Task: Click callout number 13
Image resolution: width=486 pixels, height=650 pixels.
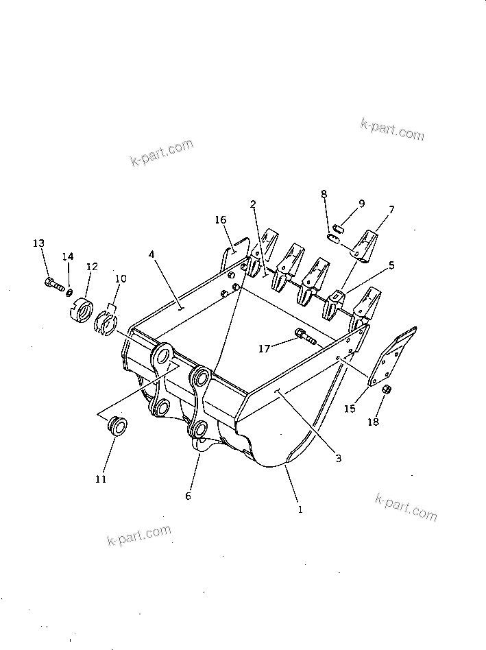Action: tap(39, 243)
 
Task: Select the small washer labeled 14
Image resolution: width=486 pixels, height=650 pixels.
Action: tap(70, 293)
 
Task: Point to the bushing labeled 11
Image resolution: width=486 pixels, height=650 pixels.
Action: tap(117, 426)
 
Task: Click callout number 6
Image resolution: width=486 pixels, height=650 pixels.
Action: tap(189, 496)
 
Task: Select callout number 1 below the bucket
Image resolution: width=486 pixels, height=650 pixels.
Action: tap(300, 509)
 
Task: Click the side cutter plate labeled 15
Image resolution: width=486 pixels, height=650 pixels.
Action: tap(391, 357)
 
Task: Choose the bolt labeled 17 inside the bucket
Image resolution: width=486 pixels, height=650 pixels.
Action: tap(304, 336)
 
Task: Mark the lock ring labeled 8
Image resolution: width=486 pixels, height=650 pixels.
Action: tap(334, 238)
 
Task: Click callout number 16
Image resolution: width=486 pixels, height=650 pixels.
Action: tap(220, 220)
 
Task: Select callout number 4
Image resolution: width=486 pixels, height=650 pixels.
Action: tap(151, 255)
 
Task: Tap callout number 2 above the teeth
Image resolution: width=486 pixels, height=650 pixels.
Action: tap(253, 204)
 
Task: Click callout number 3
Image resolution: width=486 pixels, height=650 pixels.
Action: tap(338, 459)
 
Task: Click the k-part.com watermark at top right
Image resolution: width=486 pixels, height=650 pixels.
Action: tap(392, 129)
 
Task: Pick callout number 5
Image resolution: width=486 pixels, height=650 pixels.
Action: tap(391, 265)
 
